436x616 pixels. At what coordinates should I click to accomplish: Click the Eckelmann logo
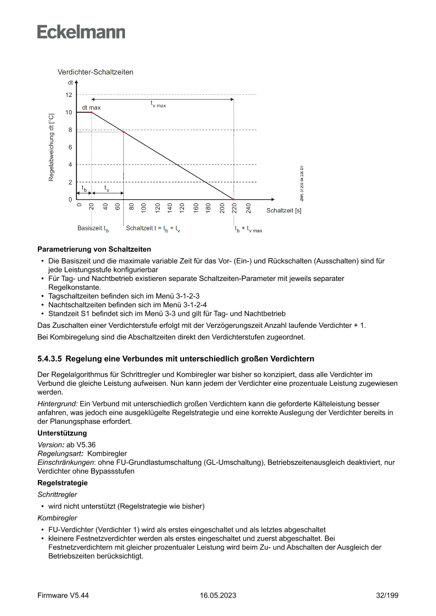(81, 32)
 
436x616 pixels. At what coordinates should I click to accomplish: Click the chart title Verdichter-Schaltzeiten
(95, 72)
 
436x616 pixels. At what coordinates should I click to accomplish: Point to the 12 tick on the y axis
(69, 95)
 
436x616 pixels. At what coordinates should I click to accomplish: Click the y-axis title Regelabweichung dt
(51, 147)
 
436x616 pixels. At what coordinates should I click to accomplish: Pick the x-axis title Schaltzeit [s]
(284, 211)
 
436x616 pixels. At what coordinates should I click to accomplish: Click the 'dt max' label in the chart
(91, 107)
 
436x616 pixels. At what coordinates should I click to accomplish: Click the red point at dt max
(92, 112)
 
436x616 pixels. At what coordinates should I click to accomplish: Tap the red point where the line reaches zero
(234, 199)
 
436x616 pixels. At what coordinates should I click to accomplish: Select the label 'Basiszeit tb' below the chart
(93, 229)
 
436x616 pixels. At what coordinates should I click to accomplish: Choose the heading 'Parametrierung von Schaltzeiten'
(94, 249)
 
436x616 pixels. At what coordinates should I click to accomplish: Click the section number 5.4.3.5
(50, 359)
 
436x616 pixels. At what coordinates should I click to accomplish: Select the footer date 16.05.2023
(218, 595)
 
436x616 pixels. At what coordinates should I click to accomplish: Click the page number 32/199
(387, 595)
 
